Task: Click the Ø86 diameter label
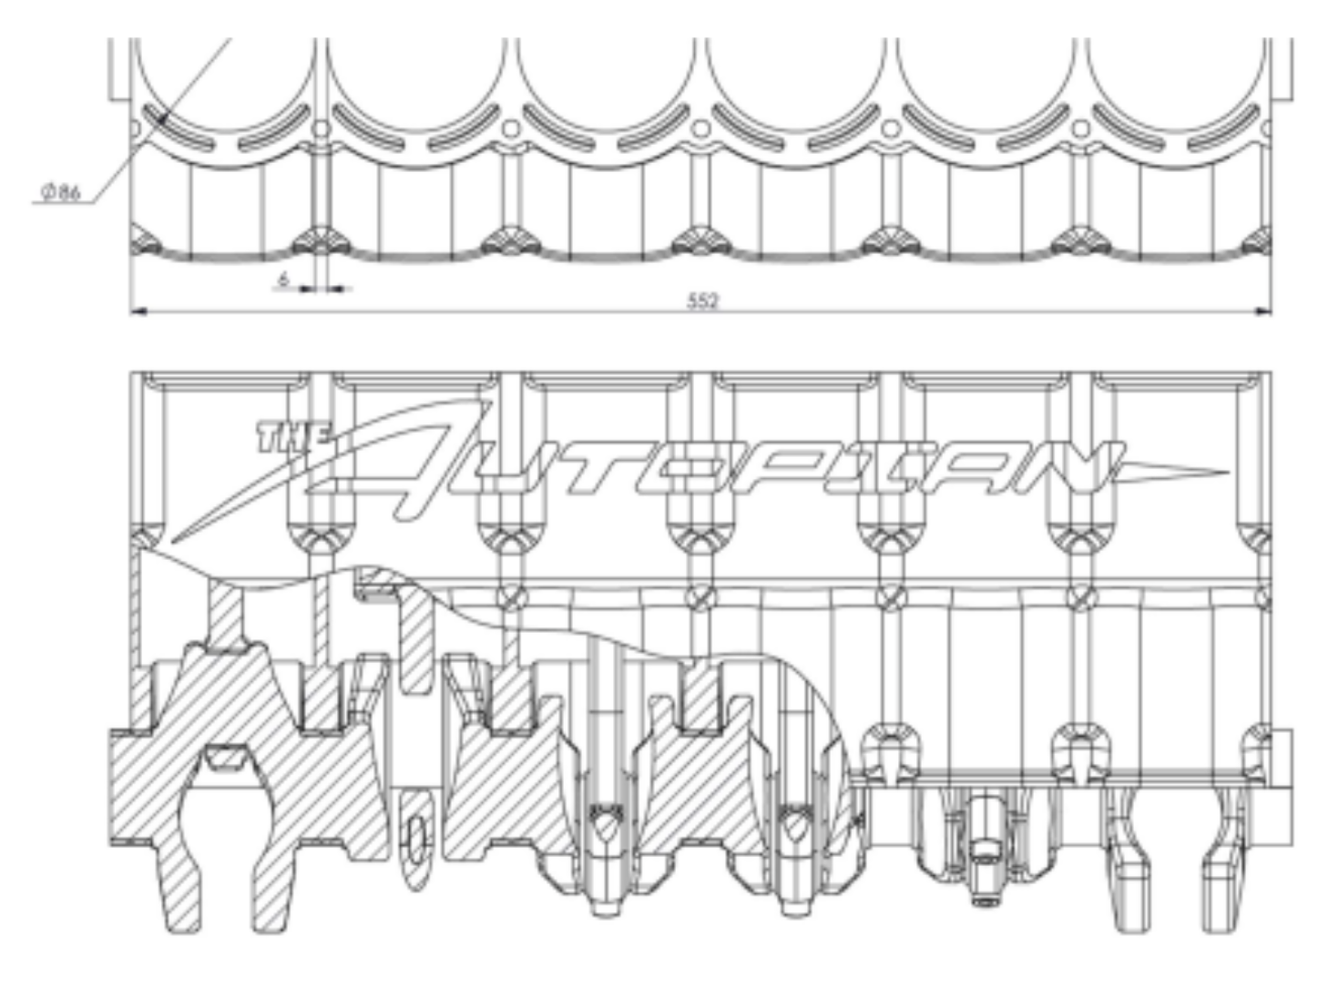pos(60,192)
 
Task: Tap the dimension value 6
pos(282,280)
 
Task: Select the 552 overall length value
pos(702,300)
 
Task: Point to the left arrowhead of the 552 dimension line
pos(138,311)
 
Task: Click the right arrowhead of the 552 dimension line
pos(1262,311)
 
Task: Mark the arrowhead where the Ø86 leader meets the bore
pos(161,118)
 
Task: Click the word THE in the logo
pos(294,437)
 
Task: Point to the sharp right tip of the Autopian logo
pos(1228,473)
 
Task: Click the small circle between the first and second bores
pos(321,128)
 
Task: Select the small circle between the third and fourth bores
pos(700,128)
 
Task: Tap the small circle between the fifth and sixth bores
pos(1080,128)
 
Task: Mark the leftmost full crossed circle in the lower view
pos(511,597)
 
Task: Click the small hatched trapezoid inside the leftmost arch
pos(225,759)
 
